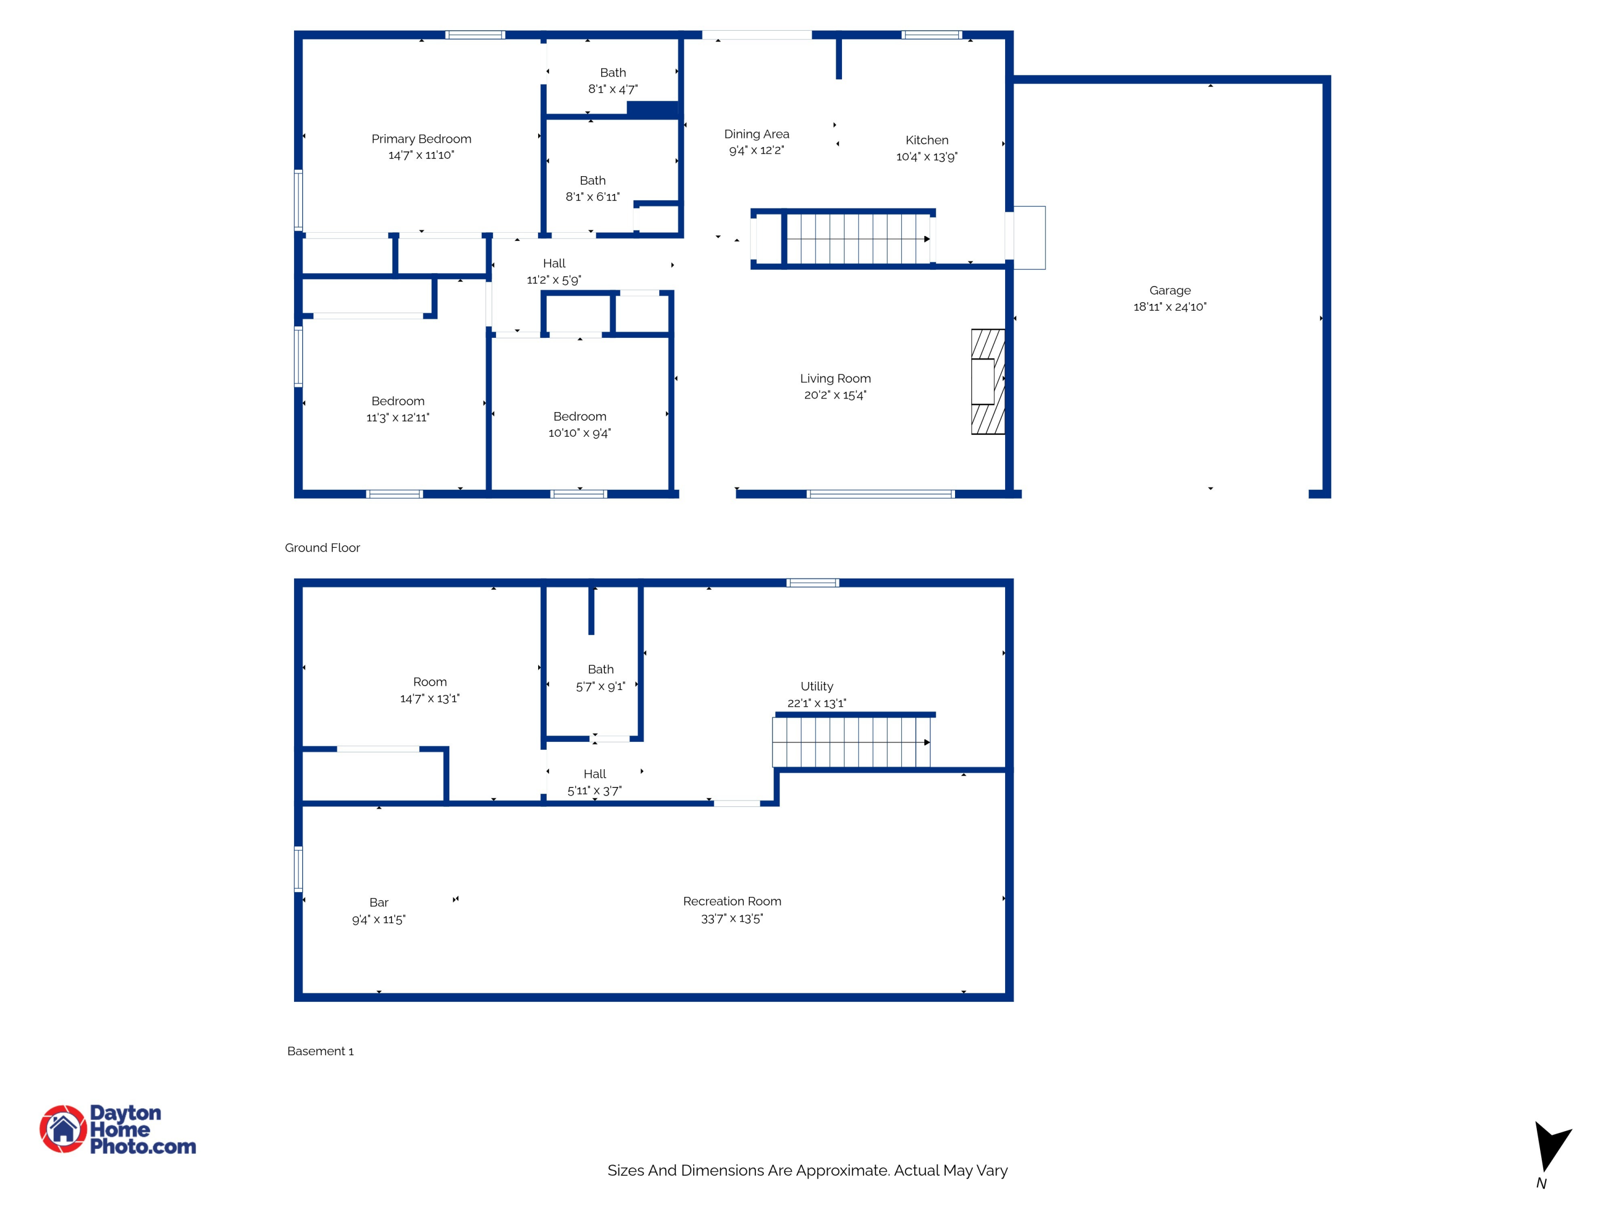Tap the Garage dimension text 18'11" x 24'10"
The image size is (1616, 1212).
[x=1169, y=307]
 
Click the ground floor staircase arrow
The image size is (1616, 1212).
[x=927, y=239]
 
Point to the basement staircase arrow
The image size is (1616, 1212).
[x=927, y=742]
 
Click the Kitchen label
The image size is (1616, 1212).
[x=927, y=140]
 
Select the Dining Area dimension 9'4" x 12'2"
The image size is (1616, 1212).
[x=756, y=150]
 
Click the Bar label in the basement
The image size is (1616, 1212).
[x=379, y=902]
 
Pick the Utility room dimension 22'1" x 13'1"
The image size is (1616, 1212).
[x=816, y=703]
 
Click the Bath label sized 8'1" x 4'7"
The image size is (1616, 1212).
[x=613, y=72]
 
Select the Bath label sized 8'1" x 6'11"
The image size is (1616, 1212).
[x=593, y=180]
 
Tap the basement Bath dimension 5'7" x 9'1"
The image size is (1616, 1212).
[x=601, y=687]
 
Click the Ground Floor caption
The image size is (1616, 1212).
[x=322, y=548]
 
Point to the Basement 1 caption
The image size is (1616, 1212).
[x=320, y=1051]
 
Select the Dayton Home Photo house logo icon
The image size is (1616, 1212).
[x=64, y=1129]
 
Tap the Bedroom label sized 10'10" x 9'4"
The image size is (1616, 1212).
[x=579, y=416]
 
